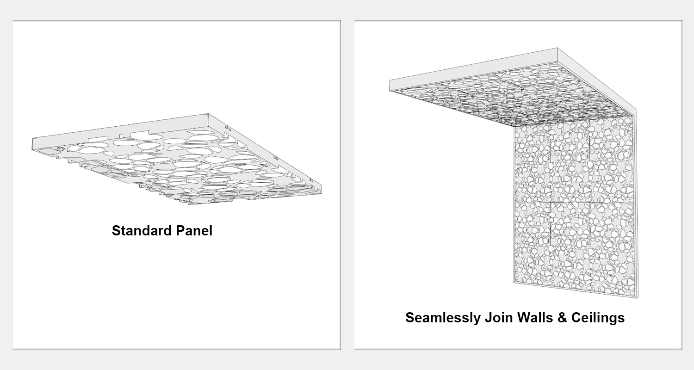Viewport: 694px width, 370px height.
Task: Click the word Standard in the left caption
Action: tap(142, 231)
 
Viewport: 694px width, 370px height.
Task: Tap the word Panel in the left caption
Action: tap(194, 231)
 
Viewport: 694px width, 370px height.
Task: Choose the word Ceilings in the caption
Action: tap(598, 318)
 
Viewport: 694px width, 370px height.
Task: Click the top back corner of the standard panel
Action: tap(208, 114)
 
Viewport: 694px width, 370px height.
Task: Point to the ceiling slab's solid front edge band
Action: tap(473, 70)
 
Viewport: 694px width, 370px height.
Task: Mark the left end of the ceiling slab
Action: tap(390, 86)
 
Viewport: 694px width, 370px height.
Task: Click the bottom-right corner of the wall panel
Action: tap(637, 298)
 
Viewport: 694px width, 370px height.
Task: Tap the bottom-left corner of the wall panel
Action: tap(514, 283)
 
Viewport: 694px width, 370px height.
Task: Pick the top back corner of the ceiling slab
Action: tap(558, 48)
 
